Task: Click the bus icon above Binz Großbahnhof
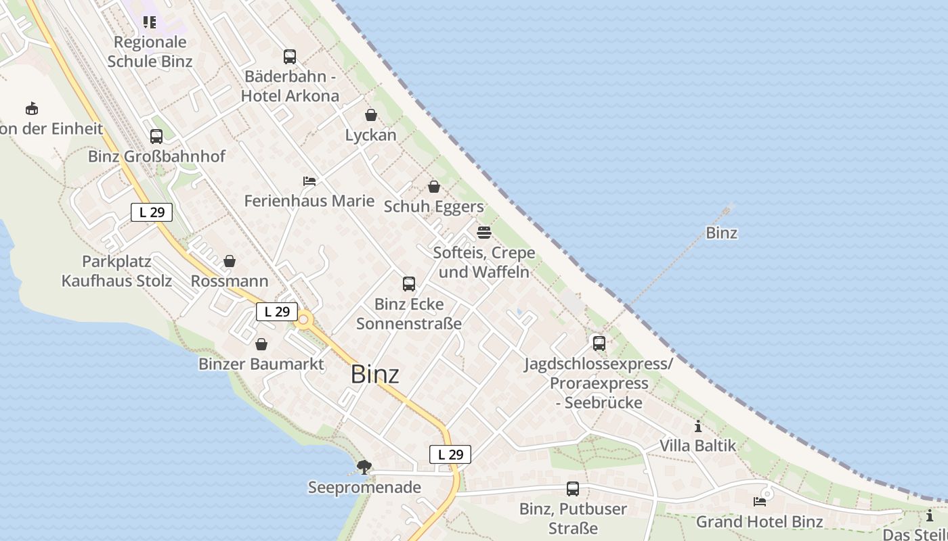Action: pyautogui.click(x=156, y=137)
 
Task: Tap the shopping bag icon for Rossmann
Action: pyautogui.click(x=230, y=261)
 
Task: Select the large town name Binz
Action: pyautogui.click(x=374, y=374)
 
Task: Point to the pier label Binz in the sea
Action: pyautogui.click(x=721, y=233)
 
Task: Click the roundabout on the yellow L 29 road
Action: pyautogui.click(x=303, y=319)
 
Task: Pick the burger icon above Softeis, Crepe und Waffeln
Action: pyautogui.click(x=483, y=233)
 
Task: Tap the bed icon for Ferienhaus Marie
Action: pyautogui.click(x=309, y=181)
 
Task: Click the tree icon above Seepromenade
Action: pyautogui.click(x=364, y=467)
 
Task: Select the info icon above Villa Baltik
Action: pyautogui.click(x=698, y=427)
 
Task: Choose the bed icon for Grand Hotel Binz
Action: pyautogui.click(x=760, y=502)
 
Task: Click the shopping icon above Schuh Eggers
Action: pyautogui.click(x=434, y=187)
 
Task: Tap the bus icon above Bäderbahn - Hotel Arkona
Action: pyautogui.click(x=290, y=57)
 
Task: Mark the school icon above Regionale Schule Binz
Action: pyautogui.click(x=150, y=22)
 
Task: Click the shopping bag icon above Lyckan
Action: pyautogui.click(x=370, y=115)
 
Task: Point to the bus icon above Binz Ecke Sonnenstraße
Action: pyautogui.click(x=409, y=284)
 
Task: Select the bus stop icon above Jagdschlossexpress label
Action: pyautogui.click(x=599, y=344)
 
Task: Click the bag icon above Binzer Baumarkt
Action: pyautogui.click(x=261, y=345)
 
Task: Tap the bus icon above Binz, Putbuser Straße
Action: pyautogui.click(x=573, y=489)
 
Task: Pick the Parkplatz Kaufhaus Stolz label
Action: pyautogui.click(x=116, y=270)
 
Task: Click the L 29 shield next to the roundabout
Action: pyautogui.click(x=277, y=312)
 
